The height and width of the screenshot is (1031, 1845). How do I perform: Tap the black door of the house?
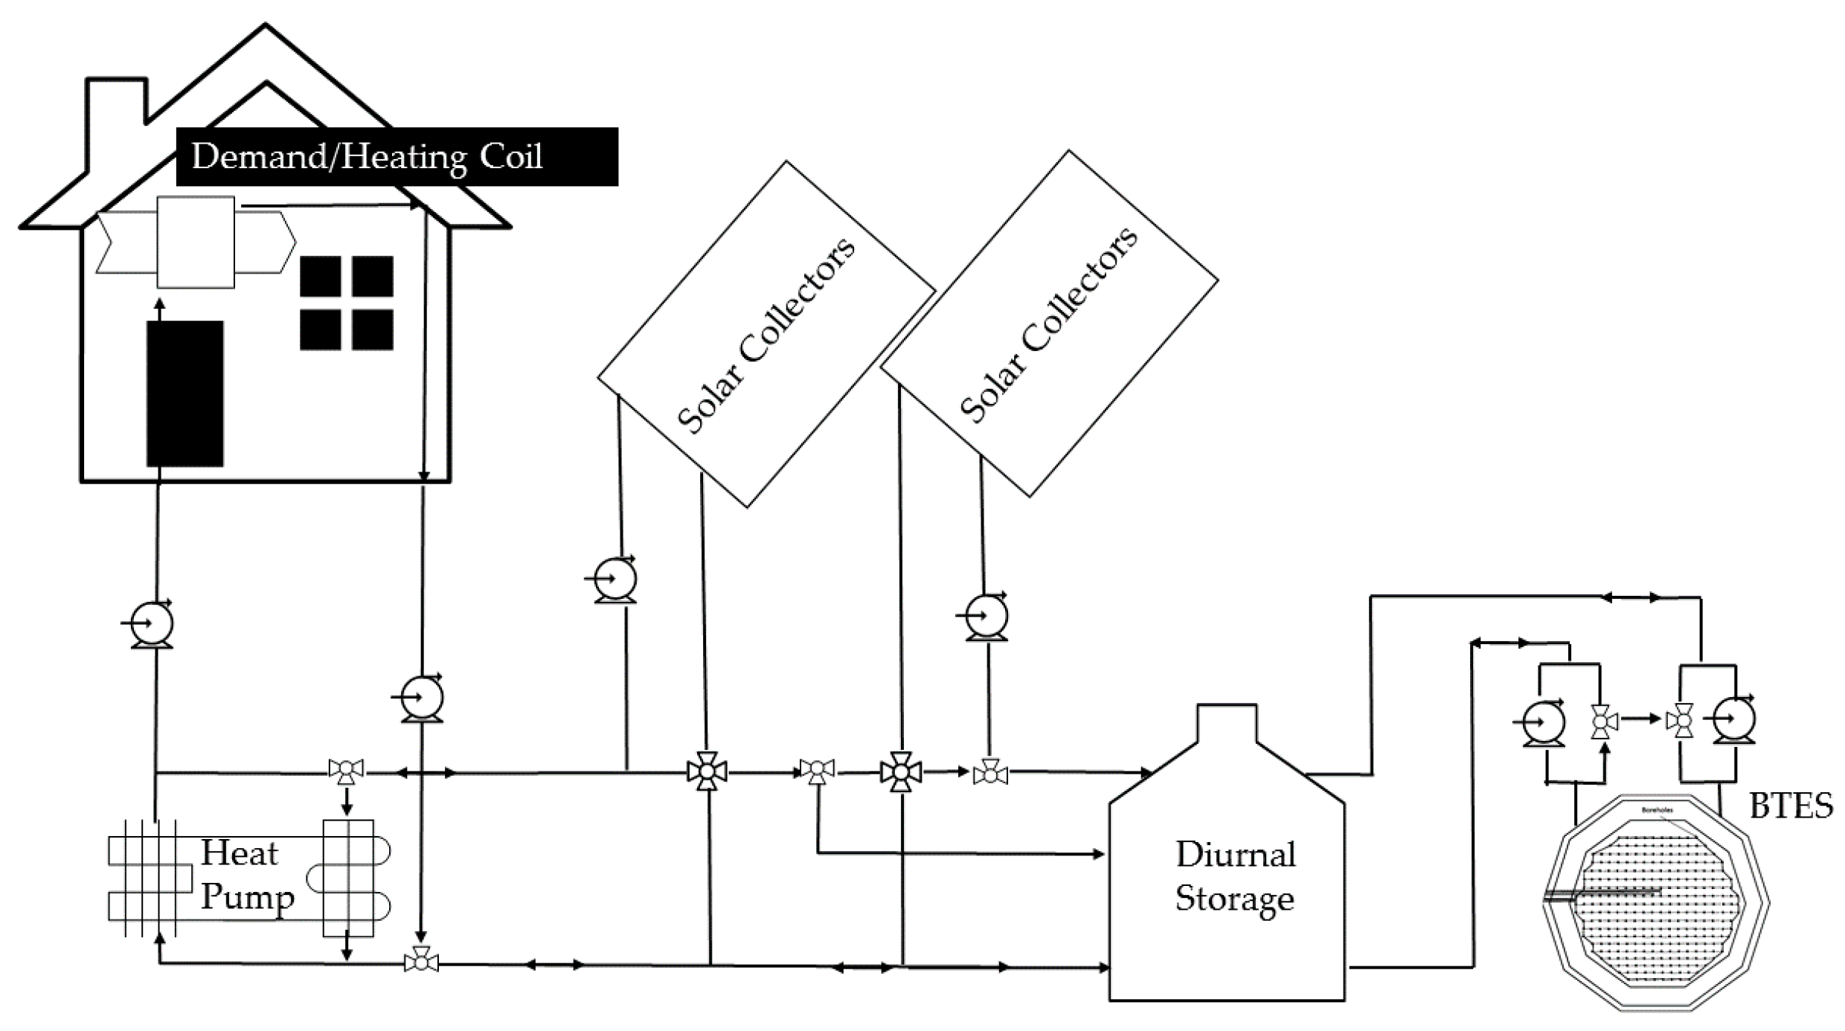[184, 394]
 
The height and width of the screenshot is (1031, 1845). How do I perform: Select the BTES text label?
[1791, 806]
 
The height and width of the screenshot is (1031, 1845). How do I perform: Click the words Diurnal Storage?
[1235, 876]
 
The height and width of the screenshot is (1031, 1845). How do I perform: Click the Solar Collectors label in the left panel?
[766, 335]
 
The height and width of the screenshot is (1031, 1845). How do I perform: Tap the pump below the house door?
[152, 623]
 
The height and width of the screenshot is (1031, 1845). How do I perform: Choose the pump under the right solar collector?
[986, 617]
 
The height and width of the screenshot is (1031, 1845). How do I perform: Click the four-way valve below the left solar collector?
[707, 771]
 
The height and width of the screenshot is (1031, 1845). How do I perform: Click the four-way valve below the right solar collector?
[901, 772]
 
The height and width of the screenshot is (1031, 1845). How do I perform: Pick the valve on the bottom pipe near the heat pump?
[421, 962]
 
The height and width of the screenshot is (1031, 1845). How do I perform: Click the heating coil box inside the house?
[196, 242]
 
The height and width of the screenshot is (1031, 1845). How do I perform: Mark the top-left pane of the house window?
[320, 276]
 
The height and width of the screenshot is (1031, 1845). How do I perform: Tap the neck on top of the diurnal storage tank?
[1227, 723]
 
